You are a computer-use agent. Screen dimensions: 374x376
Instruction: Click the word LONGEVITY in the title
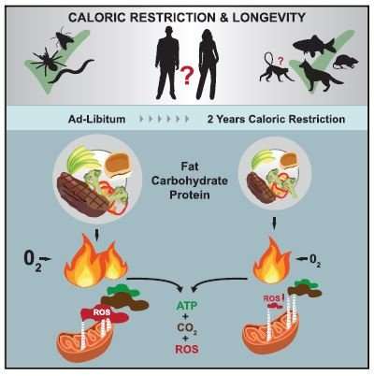pyautogui.click(x=268, y=17)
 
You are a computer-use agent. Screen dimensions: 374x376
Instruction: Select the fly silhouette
pyautogui.click(x=64, y=38)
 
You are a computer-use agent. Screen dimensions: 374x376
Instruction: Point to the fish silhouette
pyautogui.click(x=313, y=45)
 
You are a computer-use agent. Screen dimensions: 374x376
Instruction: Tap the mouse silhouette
pyautogui.click(x=345, y=62)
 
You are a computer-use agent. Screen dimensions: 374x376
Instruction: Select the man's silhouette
pyautogui.click(x=167, y=63)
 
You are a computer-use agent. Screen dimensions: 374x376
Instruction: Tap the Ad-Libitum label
pyautogui.click(x=97, y=119)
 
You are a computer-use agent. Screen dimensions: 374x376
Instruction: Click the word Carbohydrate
pyautogui.click(x=190, y=181)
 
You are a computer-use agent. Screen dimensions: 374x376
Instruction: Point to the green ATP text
pyautogui.click(x=187, y=306)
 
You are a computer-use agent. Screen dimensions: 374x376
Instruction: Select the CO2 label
pyautogui.click(x=187, y=327)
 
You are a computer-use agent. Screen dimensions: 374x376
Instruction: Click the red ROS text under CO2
pyautogui.click(x=187, y=349)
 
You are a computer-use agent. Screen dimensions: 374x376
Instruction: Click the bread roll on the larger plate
pyautogui.click(x=121, y=166)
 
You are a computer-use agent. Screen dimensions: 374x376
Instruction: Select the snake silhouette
pyautogui.click(x=71, y=72)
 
